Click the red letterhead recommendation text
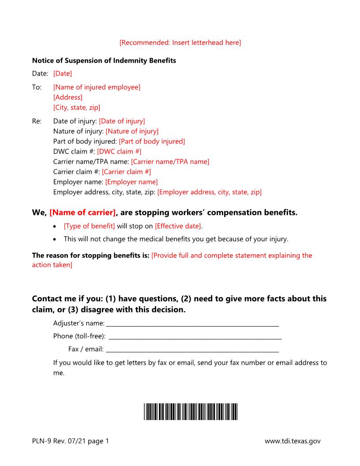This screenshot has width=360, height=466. pos(180,43)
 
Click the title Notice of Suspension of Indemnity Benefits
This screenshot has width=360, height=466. pos(104,60)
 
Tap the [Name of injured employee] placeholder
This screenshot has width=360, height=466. pos(97,87)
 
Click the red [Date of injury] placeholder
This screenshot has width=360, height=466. pos(122,121)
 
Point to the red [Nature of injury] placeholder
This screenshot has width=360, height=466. pos(132,131)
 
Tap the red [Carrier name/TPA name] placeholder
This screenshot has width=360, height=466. pos(170,162)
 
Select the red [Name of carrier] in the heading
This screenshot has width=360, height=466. pos(83,213)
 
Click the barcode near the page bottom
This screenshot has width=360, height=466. pos(190,411)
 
